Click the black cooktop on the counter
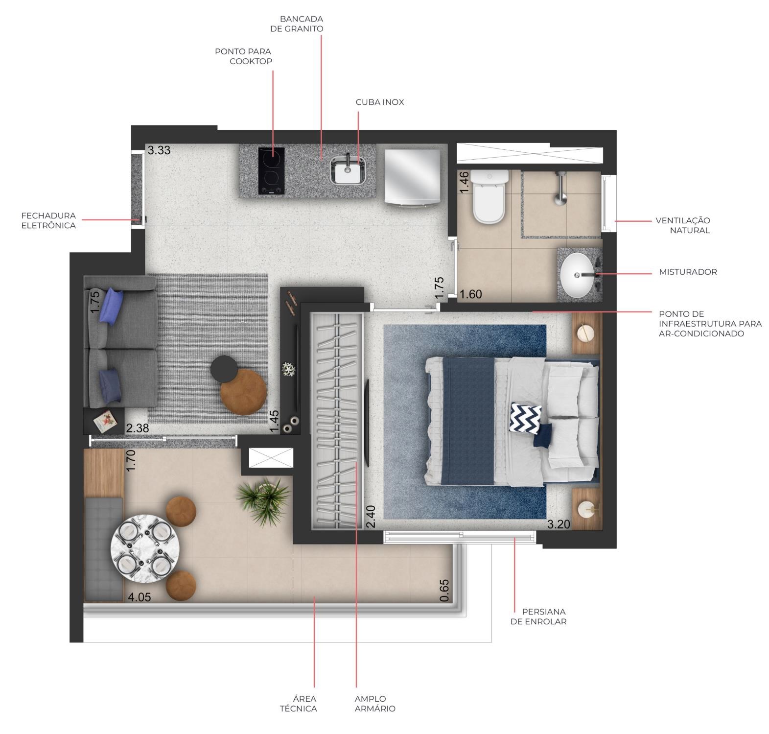point(271,170)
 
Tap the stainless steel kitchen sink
point(348,171)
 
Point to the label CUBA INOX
point(380,102)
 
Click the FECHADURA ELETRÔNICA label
point(48,220)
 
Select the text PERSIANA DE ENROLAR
point(538,616)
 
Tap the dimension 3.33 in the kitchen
point(159,150)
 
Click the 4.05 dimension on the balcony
point(139,597)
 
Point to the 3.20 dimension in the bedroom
point(559,524)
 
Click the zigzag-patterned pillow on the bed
point(525,418)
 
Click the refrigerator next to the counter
point(412,177)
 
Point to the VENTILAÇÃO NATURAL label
point(682,225)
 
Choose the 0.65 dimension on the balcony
point(444,591)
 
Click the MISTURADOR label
point(687,272)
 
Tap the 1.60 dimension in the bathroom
point(471,294)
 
